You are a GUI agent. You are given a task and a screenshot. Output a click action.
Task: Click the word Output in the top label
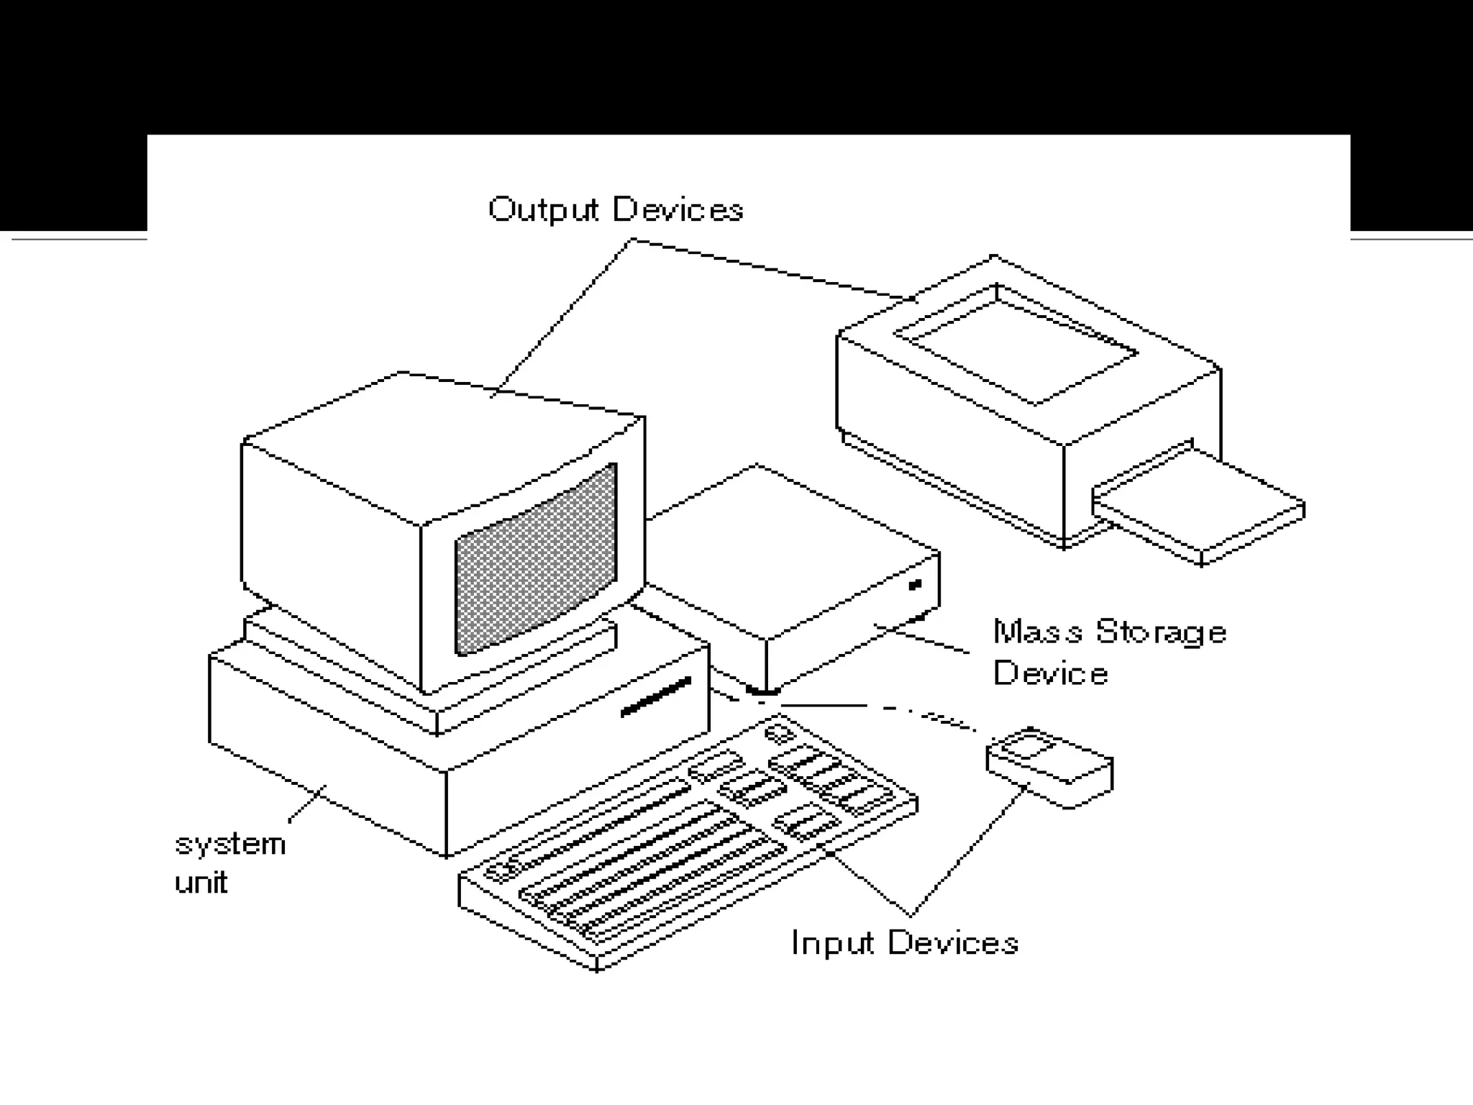(x=543, y=209)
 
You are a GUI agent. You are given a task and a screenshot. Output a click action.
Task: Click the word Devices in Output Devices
(x=678, y=209)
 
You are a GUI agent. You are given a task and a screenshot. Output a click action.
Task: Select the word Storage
(x=1161, y=632)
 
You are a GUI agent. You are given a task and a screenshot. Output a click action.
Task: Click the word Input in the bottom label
(x=832, y=942)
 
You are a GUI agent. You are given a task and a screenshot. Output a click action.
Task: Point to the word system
(x=230, y=844)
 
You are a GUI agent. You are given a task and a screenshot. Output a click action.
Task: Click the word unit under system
(x=201, y=882)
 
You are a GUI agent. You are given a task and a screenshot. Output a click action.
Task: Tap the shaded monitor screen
(x=536, y=560)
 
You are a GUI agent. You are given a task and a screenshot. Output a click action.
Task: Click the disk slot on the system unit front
(x=655, y=696)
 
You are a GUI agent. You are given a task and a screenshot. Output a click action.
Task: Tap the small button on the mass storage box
(x=915, y=585)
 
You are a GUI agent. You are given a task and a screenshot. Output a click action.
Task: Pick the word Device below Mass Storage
(x=1050, y=673)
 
